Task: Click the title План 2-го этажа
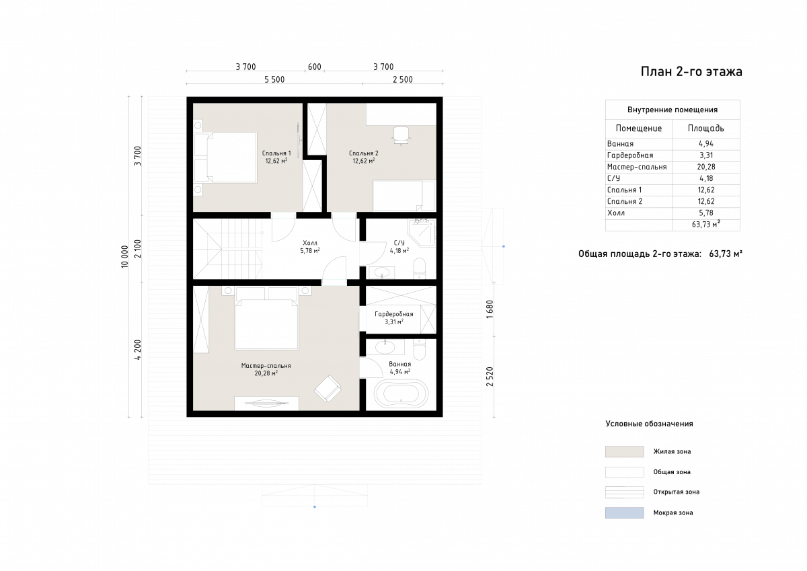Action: pyautogui.click(x=691, y=72)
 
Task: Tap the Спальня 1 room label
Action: pyautogui.click(x=276, y=153)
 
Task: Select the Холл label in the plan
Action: pyautogui.click(x=310, y=243)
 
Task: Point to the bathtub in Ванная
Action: pyautogui.click(x=401, y=393)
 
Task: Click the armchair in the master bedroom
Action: pyautogui.click(x=328, y=388)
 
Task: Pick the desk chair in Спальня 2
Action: pyautogui.click(x=401, y=135)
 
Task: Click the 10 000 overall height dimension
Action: pyautogui.click(x=124, y=256)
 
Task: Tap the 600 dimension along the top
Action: pyautogui.click(x=315, y=67)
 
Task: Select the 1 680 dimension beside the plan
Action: pyautogui.click(x=490, y=309)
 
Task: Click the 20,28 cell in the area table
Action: pyautogui.click(x=706, y=167)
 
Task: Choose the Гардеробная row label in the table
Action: pyautogui.click(x=630, y=155)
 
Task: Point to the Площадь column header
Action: pyautogui.click(x=706, y=128)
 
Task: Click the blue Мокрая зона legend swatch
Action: pyautogui.click(x=624, y=512)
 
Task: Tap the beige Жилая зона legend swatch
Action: pyautogui.click(x=624, y=451)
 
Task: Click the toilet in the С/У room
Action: pyautogui.click(x=420, y=268)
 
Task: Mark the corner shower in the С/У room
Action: pyautogui.click(x=422, y=233)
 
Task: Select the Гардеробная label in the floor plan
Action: pyautogui.click(x=394, y=314)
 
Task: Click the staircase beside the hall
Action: pyautogui.click(x=228, y=249)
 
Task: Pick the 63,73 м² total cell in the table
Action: pyautogui.click(x=706, y=225)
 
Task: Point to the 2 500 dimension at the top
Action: pyautogui.click(x=403, y=79)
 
